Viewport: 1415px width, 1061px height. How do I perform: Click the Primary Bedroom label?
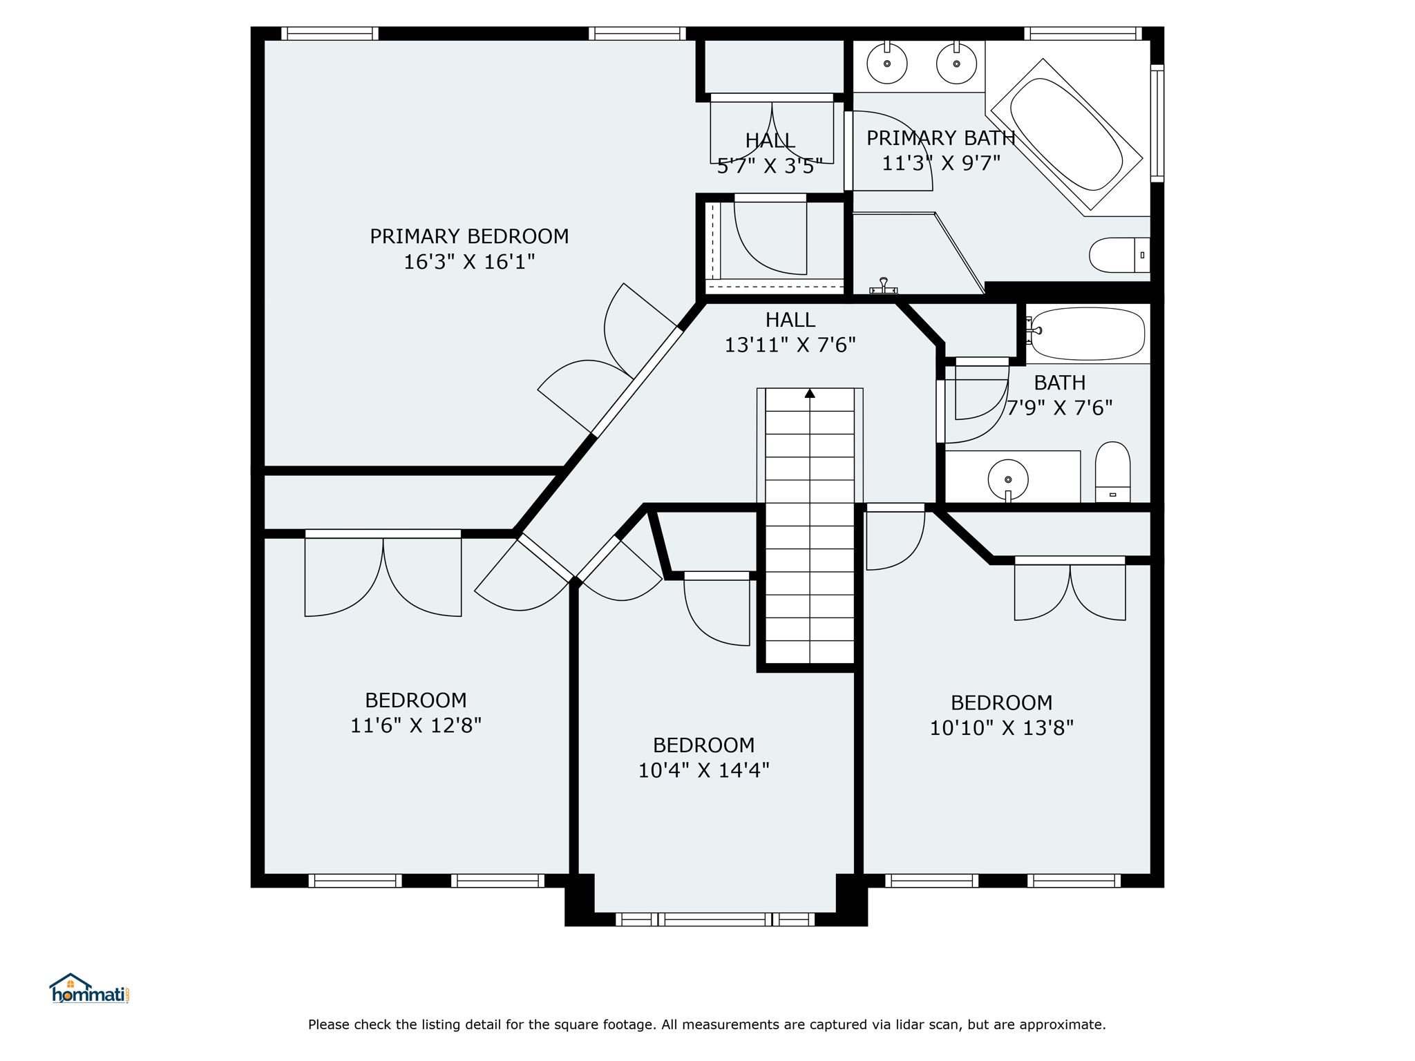[x=469, y=236]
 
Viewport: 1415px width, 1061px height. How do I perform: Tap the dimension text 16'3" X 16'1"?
[x=469, y=262]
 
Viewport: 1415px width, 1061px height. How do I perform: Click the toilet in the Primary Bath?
[x=1119, y=255]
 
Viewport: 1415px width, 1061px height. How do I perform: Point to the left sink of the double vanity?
[x=887, y=64]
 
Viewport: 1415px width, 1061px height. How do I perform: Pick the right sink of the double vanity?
[x=957, y=64]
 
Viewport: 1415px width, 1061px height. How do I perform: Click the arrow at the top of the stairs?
[x=810, y=393]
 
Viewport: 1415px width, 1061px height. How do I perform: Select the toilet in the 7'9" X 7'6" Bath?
[x=1112, y=472]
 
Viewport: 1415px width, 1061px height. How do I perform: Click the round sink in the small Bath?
[x=1008, y=479]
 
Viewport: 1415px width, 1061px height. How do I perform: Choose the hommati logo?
[x=89, y=989]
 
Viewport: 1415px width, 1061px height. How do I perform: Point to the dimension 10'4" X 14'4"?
[x=703, y=770]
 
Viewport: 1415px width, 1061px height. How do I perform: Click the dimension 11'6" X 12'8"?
[x=416, y=725]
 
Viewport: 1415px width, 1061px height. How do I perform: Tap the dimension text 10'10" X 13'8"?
[x=1002, y=728]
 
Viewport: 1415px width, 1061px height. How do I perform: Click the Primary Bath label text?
[x=941, y=138]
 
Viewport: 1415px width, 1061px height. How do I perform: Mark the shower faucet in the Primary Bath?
[x=883, y=286]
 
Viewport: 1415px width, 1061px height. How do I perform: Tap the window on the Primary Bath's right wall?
[x=1157, y=123]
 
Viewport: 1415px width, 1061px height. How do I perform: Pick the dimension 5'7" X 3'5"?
[x=770, y=166]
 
